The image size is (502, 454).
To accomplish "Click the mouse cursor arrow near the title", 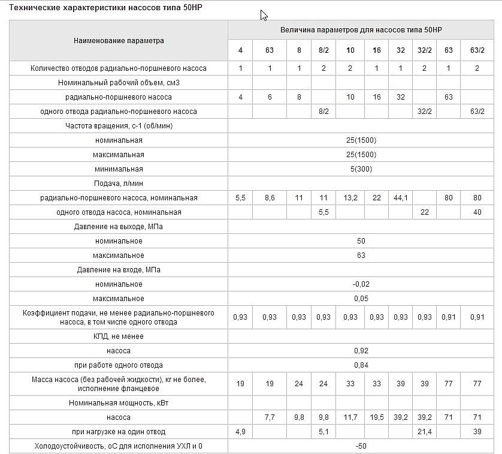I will [264, 15].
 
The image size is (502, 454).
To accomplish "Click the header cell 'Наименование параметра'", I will [119, 41].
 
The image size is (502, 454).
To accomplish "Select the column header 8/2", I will [323, 50].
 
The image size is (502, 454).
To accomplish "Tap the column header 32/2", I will [424, 50].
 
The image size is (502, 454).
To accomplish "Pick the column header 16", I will [376, 50].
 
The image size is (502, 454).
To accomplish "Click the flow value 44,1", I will [400, 198].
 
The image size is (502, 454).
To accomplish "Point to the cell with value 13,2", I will [350, 198].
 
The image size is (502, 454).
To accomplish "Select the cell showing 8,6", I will [270, 198].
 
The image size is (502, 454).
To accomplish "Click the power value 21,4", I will [424, 431].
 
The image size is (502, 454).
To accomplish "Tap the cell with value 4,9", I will [240, 431].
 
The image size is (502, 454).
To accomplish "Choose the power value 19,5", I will [376, 417].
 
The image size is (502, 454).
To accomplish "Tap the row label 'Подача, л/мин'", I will [119, 184].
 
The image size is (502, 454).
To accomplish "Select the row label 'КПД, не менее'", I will [119, 336].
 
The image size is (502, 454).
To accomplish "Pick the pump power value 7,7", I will [270, 417].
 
